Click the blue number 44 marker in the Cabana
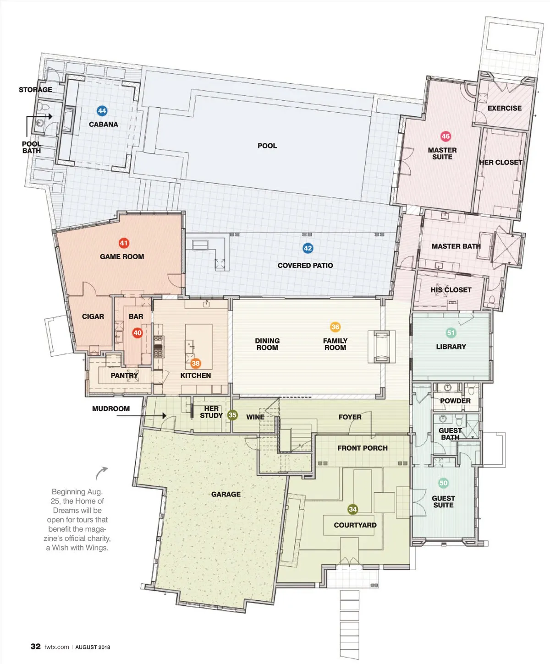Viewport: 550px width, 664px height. click(102, 111)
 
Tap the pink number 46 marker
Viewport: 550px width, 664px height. click(445, 136)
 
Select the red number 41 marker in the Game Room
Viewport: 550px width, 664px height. click(123, 243)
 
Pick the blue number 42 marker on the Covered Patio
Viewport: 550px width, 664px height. click(308, 248)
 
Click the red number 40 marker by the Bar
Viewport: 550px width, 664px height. click(137, 333)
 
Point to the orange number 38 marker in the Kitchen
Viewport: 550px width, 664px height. click(195, 363)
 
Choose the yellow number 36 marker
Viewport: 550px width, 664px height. click(335, 327)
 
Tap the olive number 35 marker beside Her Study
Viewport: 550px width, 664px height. click(232, 415)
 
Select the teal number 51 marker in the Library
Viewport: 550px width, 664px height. click(451, 333)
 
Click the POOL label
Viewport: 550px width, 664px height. click(267, 146)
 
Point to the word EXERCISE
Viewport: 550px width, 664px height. click(505, 108)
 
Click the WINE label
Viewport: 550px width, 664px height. click(255, 417)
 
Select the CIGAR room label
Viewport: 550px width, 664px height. click(93, 316)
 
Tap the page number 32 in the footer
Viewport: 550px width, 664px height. click(36, 646)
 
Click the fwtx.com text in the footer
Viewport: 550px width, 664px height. click(57, 647)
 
